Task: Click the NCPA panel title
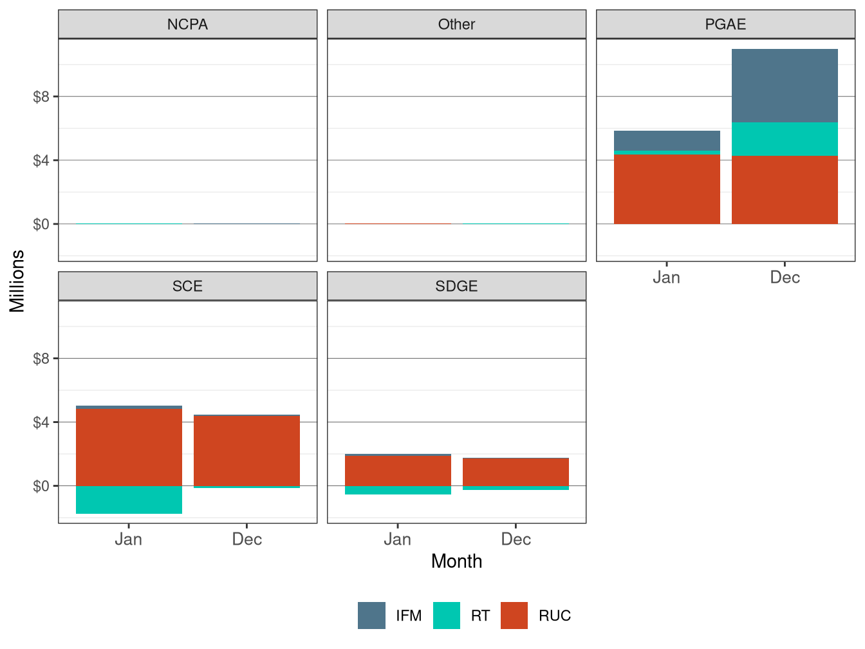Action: [187, 24]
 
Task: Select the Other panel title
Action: [456, 24]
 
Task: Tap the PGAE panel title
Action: [725, 24]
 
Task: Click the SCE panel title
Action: [187, 286]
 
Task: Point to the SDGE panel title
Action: [456, 286]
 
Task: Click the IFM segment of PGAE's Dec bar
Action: [785, 86]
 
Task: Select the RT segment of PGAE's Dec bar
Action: [785, 139]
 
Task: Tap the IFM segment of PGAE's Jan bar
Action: [667, 140]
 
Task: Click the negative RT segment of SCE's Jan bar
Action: [129, 500]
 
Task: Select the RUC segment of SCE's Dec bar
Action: [246, 451]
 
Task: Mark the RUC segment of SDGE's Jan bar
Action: [398, 471]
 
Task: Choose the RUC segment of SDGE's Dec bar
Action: [516, 472]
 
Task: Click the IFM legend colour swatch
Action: [371, 616]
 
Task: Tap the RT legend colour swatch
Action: [447, 616]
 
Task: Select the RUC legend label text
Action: [555, 616]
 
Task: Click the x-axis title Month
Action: [456, 561]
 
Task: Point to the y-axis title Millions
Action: [17, 281]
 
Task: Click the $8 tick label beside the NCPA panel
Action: [41, 97]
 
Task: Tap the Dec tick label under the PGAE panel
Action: [785, 277]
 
